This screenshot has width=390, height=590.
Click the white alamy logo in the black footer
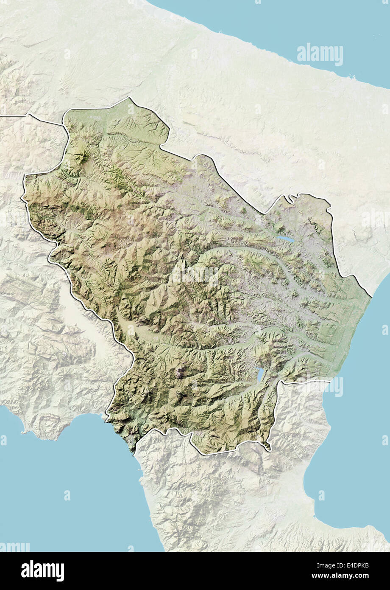[42, 571]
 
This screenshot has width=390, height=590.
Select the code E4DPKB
[354, 565]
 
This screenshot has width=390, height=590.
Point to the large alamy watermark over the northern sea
[320, 54]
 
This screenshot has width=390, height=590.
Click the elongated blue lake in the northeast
[286, 239]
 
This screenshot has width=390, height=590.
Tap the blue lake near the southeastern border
[260, 374]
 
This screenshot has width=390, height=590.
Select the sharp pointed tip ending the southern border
[268, 449]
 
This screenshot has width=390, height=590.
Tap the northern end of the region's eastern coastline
[371, 296]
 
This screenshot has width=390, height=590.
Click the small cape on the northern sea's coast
[351, 77]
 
